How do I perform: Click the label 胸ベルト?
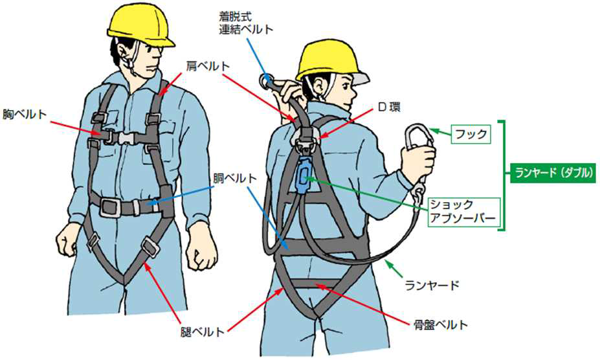(x=25, y=114)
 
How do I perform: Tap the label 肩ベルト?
(x=208, y=66)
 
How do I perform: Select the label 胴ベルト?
(x=234, y=179)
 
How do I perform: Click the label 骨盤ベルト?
(x=440, y=325)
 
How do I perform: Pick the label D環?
(x=389, y=107)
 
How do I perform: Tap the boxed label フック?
(x=471, y=134)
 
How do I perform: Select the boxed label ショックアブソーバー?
(x=462, y=212)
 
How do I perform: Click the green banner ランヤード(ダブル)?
(x=553, y=173)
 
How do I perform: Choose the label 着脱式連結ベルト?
(x=246, y=23)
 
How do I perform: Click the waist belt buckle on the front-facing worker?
(x=110, y=207)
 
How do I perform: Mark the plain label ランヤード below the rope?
(x=432, y=285)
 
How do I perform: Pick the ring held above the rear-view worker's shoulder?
(x=266, y=81)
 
